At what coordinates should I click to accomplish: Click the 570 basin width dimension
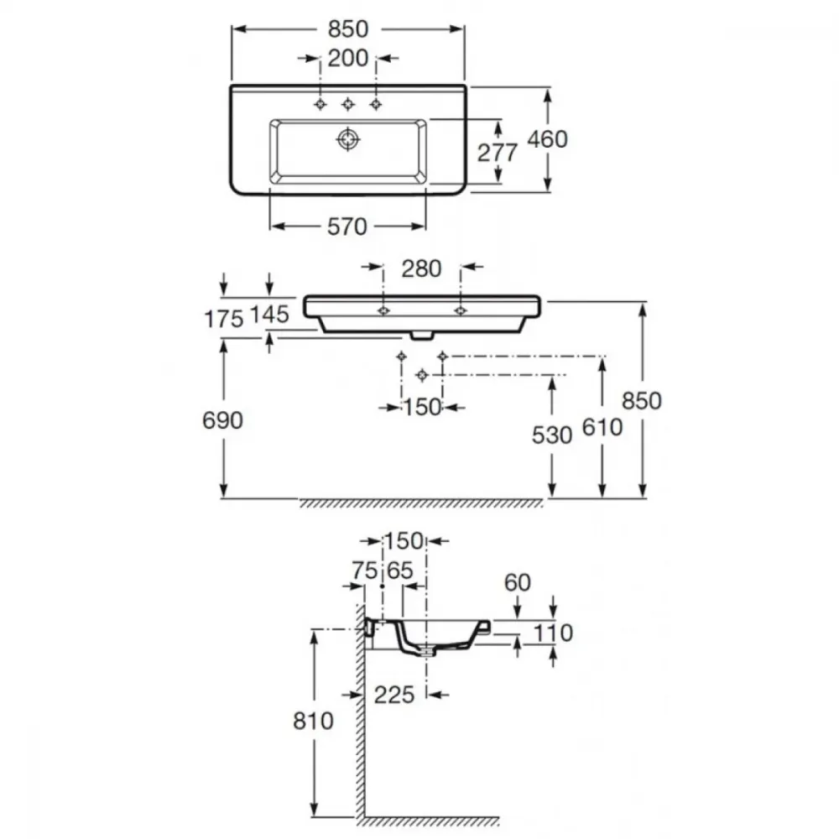(347, 227)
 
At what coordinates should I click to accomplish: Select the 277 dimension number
(497, 153)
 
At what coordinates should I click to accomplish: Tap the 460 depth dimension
(547, 139)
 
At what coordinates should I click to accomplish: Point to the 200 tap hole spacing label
(348, 59)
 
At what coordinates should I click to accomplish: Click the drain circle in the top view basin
(348, 139)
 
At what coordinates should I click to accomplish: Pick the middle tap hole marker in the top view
(348, 104)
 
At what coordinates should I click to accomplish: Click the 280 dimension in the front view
(422, 268)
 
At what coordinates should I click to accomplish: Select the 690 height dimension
(222, 420)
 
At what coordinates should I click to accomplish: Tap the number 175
(224, 320)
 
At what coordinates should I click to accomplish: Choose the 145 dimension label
(269, 315)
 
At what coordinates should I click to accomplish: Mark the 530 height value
(552, 435)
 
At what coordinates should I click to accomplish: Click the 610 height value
(602, 428)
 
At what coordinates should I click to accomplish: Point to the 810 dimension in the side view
(313, 722)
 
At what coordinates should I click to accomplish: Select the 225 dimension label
(394, 695)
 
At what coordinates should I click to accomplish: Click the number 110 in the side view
(553, 633)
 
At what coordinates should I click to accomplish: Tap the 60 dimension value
(518, 583)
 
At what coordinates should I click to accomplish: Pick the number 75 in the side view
(365, 571)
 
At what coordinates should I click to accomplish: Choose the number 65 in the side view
(400, 571)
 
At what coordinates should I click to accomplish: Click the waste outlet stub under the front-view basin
(422, 336)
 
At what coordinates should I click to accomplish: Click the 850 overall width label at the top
(348, 29)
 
